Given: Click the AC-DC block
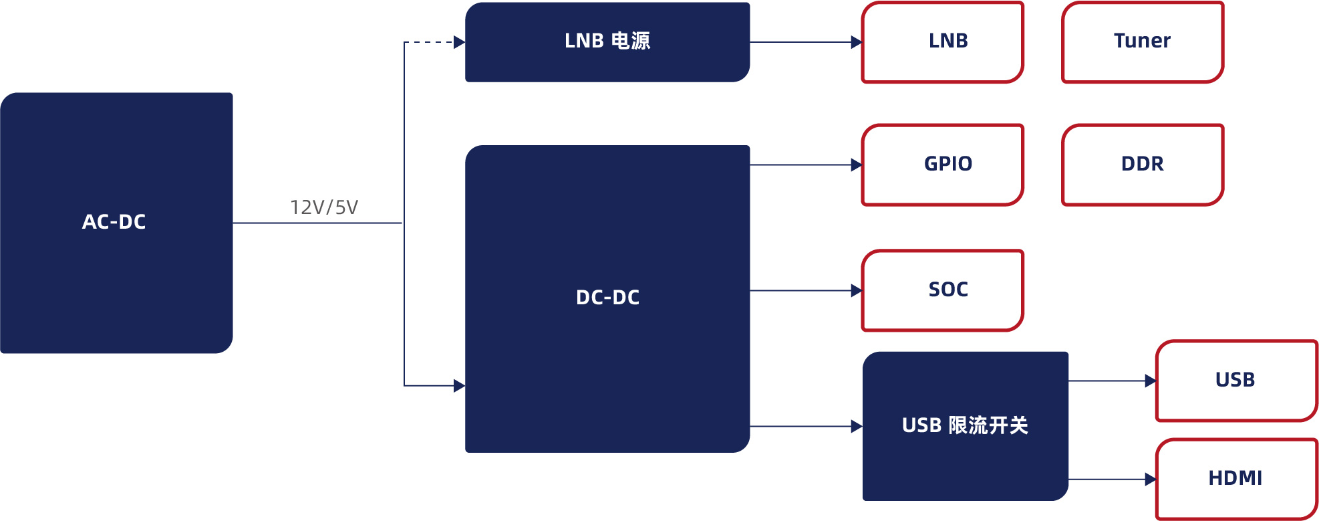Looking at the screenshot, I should coord(116,222).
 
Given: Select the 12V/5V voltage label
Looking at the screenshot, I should coord(324,207).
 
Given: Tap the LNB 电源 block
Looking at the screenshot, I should coord(607,41).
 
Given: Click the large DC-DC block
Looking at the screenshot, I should coord(607,298).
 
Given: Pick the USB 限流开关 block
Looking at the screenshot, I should coord(964,425).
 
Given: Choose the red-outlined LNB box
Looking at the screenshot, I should coord(942,41).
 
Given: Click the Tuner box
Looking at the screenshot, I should coord(1142,41).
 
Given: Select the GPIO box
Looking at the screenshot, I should coord(942,165).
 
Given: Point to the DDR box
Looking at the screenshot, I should coord(1142,165).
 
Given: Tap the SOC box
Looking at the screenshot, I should coord(942,290).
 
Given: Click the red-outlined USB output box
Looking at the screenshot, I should coord(1235,381).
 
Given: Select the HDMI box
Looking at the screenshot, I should coord(1235,479).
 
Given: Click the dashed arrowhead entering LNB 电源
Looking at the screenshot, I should coord(459,42).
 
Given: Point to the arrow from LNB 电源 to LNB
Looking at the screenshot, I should coord(805,42).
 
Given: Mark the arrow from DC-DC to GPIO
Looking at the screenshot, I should coord(805,165).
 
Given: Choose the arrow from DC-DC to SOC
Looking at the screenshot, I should coord(805,291).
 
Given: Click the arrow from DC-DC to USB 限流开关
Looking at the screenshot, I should coord(805,426).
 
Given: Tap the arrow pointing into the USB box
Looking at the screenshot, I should coord(1112,381).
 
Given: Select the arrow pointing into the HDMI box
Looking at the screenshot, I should coord(1112,480).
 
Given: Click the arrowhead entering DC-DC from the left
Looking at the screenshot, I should coord(459,386).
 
